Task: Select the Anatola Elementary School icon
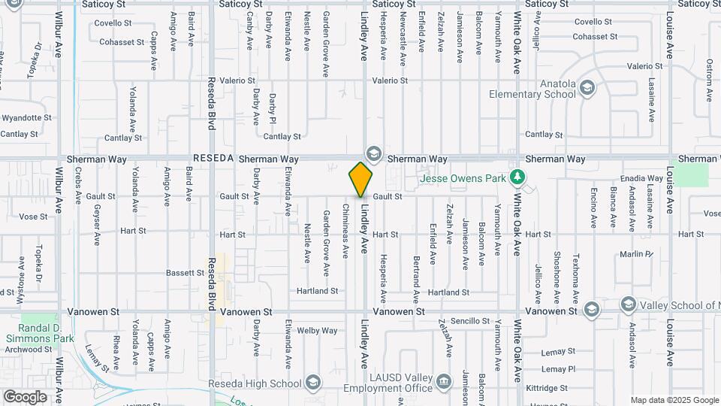point(587,88)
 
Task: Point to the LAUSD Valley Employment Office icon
point(444,383)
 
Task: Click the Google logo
point(25,396)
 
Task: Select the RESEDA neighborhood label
point(213,159)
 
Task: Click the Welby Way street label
point(318,330)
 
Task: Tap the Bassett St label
point(186,272)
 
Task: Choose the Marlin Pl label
point(636,254)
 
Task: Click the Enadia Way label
point(638,178)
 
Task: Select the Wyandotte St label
point(26,118)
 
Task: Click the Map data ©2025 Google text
point(674,400)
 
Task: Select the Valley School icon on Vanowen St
point(629,304)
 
